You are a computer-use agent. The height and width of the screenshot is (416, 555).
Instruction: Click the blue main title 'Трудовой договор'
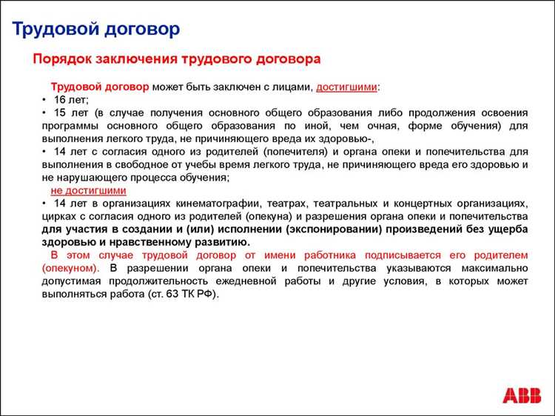click(x=96, y=29)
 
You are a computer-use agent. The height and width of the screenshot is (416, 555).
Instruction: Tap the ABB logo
click(x=522, y=395)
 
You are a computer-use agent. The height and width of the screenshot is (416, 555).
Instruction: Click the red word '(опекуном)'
click(x=67, y=267)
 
